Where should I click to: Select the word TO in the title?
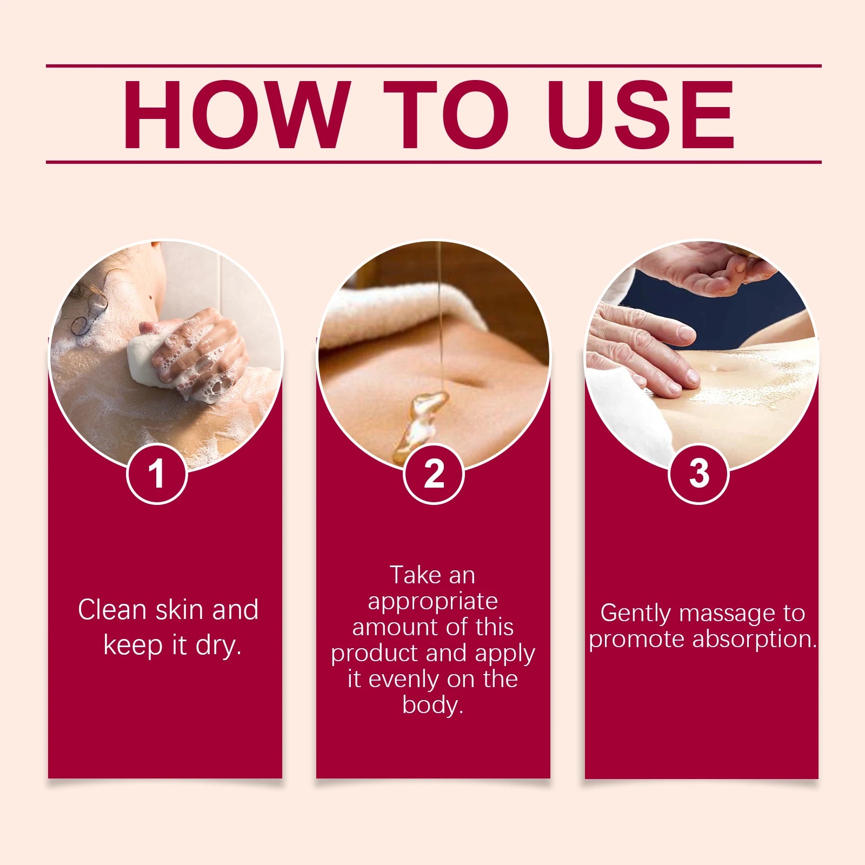[x=446, y=114]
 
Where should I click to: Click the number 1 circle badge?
[x=157, y=474]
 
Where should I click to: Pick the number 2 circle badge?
[x=434, y=474]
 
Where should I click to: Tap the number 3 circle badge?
[x=699, y=474]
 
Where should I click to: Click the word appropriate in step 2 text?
[x=432, y=602]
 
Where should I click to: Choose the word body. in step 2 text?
[x=432, y=704]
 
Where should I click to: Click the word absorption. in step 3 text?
[x=754, y=640]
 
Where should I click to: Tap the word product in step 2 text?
[x=375, y=654]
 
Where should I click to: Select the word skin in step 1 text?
[x=179, y=610]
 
